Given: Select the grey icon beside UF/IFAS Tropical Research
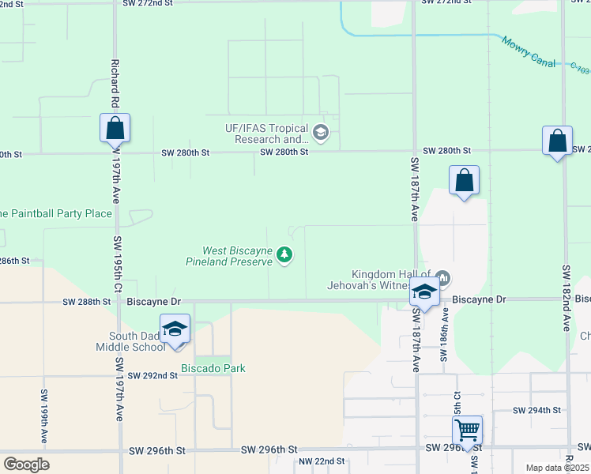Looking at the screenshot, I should (x=320, y=132).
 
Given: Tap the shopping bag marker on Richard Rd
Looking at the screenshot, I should (x=115, y=127).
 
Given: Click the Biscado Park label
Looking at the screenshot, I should (x=213, y=368).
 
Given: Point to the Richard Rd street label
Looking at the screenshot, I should (x=115, y=82).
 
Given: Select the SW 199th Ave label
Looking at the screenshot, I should (x=44, y=416).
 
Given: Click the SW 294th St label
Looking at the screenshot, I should (x=536, y=410).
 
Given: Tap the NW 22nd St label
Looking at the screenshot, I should (x=321, y=461).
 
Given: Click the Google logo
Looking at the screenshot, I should (x=26, y=465).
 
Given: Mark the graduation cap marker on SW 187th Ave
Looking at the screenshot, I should (x=424, y=292).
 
